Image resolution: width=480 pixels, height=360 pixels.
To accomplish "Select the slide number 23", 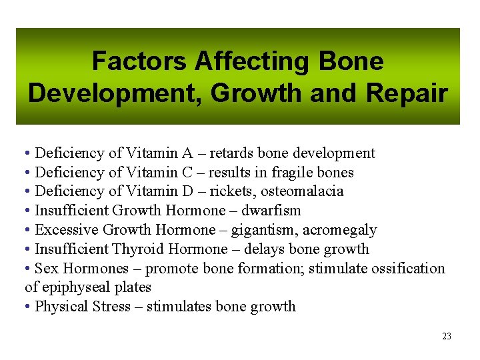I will [447, 337].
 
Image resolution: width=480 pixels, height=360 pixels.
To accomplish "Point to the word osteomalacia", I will [302, 192].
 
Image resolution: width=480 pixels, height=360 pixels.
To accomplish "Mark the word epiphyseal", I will [73, 288].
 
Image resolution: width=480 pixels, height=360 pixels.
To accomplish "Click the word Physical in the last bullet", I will [60, 307].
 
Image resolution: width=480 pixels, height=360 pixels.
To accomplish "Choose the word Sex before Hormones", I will [45, 269].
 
